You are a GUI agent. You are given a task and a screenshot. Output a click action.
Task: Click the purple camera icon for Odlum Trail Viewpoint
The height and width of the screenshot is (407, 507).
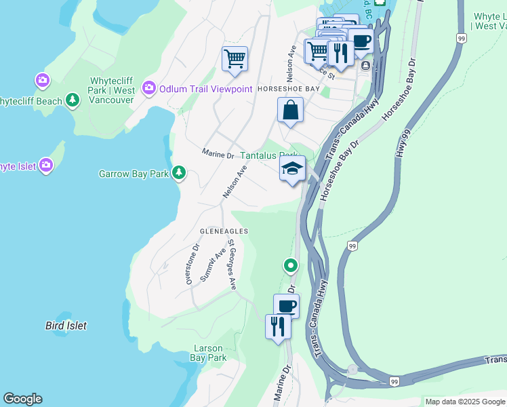148,88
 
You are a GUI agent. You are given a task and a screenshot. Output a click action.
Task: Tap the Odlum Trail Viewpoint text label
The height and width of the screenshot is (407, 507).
206,89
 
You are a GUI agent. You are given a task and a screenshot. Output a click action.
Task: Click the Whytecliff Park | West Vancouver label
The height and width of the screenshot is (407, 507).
112,90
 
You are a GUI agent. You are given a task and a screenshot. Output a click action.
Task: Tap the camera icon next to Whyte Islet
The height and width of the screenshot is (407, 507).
45,166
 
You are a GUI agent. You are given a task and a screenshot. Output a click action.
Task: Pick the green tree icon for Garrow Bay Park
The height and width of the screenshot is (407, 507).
179,174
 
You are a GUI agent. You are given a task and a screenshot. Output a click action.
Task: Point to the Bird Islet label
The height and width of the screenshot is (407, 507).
66,326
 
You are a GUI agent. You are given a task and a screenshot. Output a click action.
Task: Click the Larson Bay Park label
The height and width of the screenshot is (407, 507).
207,353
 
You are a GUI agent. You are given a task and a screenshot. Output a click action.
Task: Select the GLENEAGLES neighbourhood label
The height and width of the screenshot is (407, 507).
224,231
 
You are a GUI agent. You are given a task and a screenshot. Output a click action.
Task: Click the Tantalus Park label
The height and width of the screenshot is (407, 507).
269,155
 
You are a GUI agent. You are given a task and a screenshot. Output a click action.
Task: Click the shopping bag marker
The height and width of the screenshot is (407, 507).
290,110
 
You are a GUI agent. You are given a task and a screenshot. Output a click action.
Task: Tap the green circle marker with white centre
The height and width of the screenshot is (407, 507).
291,265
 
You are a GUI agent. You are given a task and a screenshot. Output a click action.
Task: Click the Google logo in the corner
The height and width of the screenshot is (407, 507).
22,399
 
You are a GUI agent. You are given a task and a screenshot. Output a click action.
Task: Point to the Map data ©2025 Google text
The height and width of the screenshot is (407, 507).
465,402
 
